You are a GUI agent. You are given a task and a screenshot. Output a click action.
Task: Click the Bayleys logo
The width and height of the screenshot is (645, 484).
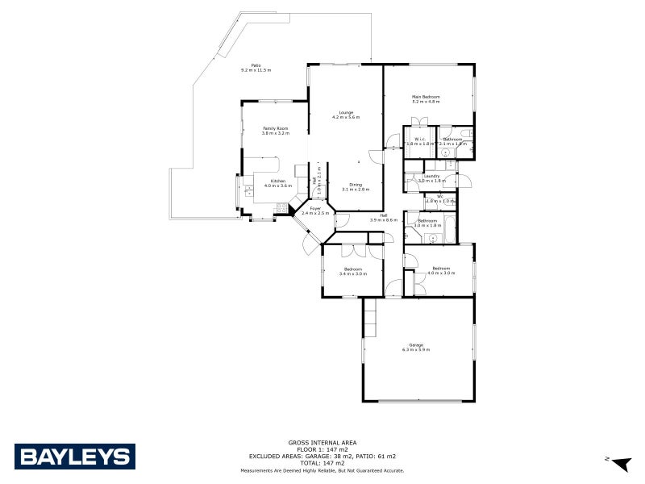(x=74, y=457)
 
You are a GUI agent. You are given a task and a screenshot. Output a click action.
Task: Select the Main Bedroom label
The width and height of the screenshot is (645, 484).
(x=426, y=97)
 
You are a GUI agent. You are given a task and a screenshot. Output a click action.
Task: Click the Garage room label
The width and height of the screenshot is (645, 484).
(x=416, y=344)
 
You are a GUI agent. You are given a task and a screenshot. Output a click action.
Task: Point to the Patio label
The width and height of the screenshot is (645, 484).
(x=256, y=65)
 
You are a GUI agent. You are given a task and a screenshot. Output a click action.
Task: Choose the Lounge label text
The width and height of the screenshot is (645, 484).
(x=346, y=112)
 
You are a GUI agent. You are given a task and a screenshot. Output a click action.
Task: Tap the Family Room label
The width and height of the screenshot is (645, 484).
(x=275, y=128)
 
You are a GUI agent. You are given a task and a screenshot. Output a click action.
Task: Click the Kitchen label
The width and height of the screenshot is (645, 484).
(x=278, y=181)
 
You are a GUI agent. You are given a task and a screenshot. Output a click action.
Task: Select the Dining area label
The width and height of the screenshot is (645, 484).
(x=355, y=185)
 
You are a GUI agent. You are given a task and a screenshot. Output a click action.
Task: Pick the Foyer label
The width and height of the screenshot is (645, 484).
(x=316, y=209)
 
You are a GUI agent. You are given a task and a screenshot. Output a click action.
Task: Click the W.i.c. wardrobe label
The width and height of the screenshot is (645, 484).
(x=419, y=140)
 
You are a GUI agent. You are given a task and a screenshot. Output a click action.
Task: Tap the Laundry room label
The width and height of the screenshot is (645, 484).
(x=431, y=176)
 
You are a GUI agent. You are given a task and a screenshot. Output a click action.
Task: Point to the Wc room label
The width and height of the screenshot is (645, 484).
(x=439, y=196)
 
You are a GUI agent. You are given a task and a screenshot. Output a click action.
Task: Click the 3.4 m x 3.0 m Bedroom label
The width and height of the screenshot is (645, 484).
(x=352, y=269)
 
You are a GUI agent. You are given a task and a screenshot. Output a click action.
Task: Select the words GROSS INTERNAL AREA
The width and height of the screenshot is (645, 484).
(x=322, y=442)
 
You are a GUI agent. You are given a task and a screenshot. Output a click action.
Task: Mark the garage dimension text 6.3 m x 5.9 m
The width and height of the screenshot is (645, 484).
(x=416, y=349)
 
